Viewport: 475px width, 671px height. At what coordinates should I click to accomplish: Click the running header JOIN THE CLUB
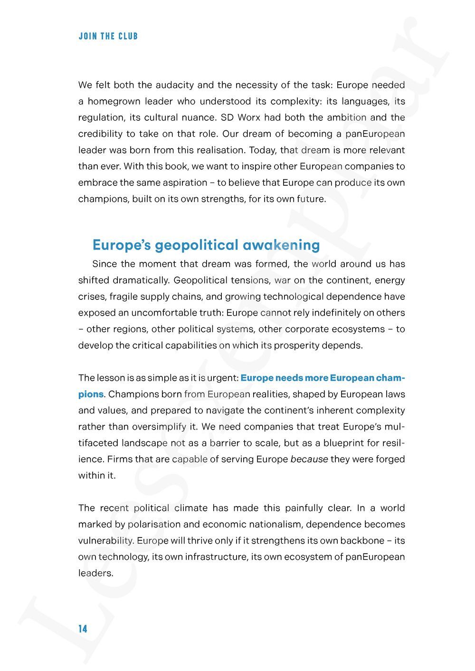click(x=108, y=36)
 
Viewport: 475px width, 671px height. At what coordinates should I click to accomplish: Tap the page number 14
click(x=83, y=629)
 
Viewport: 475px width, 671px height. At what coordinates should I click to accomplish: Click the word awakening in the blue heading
click(x=281, y=245)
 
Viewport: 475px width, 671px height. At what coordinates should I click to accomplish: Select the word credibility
click(x=99, y=134)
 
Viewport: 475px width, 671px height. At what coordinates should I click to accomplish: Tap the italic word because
click(x=309, y=459)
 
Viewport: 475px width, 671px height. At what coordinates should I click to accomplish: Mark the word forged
click(x=390, y=459)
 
